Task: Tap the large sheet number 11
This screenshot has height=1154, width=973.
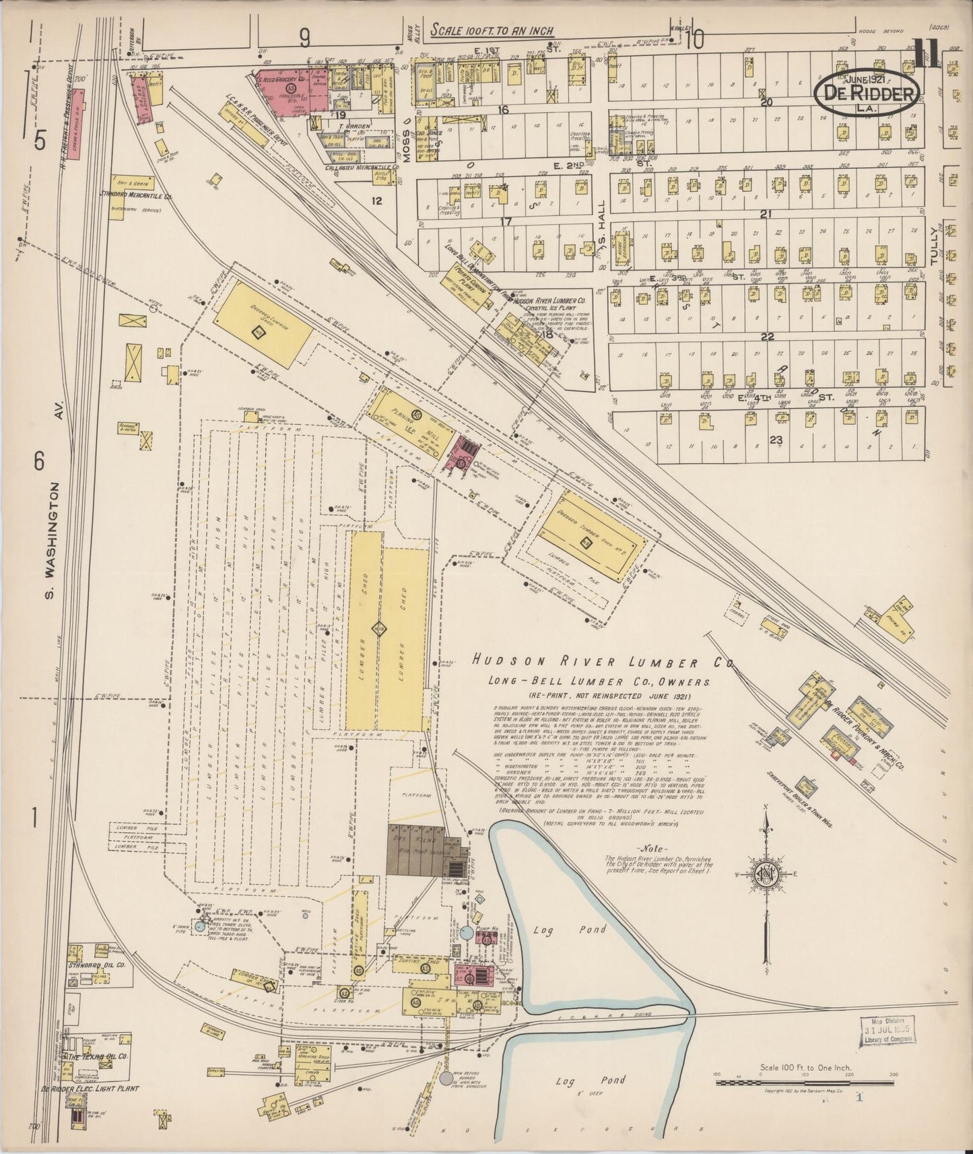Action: [x=927, y=54]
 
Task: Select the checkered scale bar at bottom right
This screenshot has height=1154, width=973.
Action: [x=805, y=1083]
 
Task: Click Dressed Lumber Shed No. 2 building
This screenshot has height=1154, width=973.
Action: [x=590, y=539]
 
